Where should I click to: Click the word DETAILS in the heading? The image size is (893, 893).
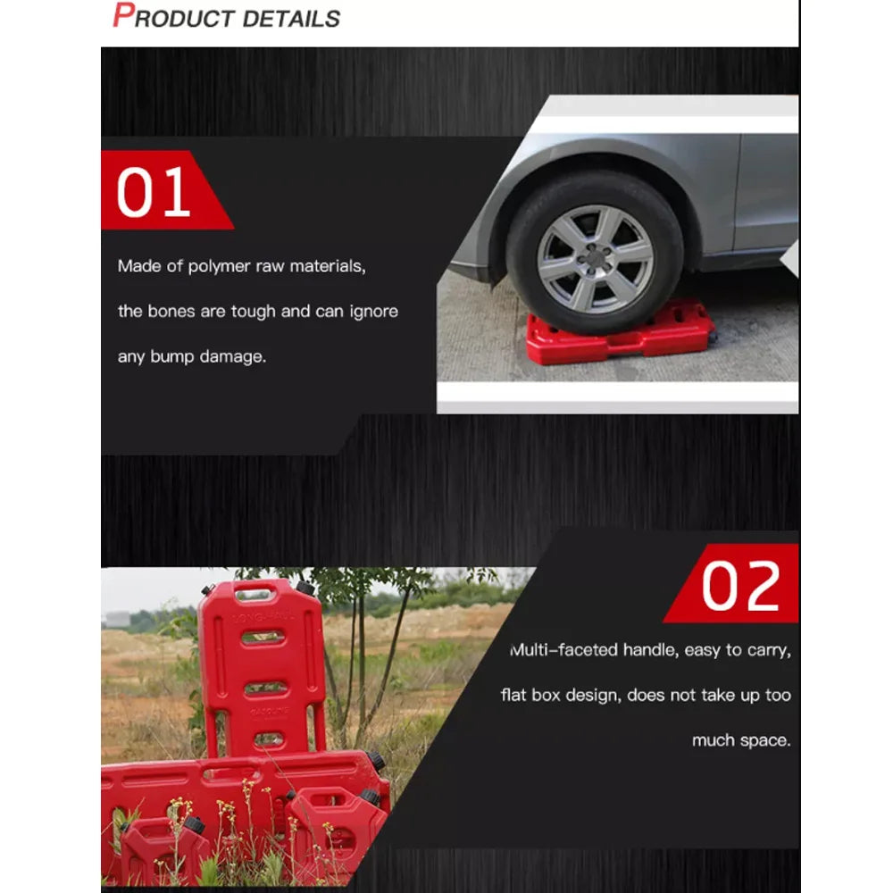click(294, 18)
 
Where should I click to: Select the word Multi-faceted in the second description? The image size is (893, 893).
click(563, 650)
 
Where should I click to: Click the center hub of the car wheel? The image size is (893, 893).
click(594, 259)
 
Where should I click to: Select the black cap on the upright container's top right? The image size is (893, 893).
click(306, 589)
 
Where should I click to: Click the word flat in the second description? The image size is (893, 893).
click(514, 695)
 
